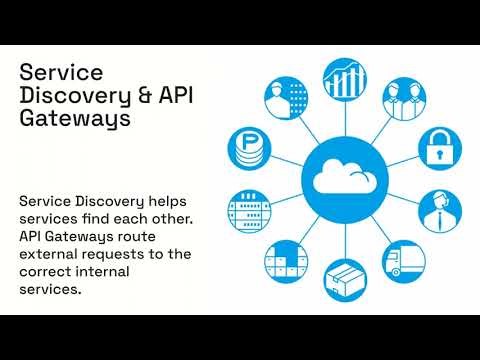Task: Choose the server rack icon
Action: pos(249,210)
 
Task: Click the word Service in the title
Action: pos(61,72)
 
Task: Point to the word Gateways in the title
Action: pos(75,120)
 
